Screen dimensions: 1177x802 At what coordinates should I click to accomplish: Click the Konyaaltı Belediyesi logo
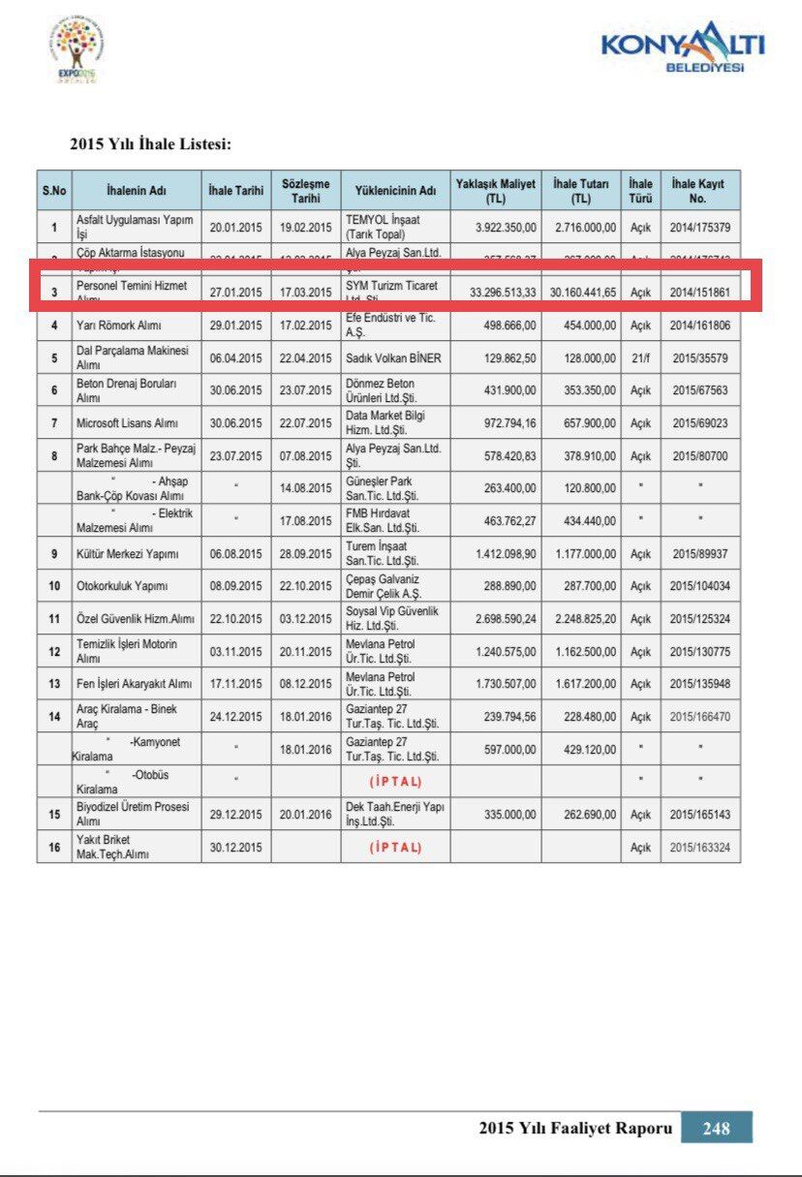pyautogui.click(x=682, y=47)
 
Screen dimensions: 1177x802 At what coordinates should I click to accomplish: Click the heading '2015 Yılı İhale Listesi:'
pyautogui.click(x=150, y=144)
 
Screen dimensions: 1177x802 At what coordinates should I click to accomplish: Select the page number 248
pyautogui.click(x=716, y=1128)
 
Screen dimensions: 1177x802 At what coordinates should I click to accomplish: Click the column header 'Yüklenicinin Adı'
pyautogui.click(x=395, y=191)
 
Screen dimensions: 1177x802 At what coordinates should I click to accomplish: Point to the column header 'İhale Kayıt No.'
pyautogui.click(x=699, y=191)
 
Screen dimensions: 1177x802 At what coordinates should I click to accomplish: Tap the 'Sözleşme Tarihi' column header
pyautogui.click(x=305, y=191)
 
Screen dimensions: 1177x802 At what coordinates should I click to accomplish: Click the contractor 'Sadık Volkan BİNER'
pyautogui.click(x=393, y=357)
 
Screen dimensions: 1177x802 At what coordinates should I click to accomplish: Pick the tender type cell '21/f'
pyautogui.click(x=640, y=357)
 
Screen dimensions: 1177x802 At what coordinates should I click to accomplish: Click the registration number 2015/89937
pyautogui.click(x=699, y=554)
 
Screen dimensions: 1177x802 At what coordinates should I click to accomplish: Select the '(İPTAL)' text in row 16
pyautogui.click(x=395, y=847)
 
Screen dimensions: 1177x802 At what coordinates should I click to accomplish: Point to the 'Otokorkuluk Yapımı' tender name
pyautogui.click(x=122, y=586)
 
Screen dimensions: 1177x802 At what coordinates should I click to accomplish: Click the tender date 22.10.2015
pyautogui.click(x=235, y=619)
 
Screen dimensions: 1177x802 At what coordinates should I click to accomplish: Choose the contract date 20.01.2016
pyautogui.click(x=305, y=814)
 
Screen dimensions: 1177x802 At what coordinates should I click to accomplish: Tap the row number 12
pyautogui.click(x=54, y=652)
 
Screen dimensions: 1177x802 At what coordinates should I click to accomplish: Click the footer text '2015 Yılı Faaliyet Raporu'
pyautogui.click(x=574, y=1128)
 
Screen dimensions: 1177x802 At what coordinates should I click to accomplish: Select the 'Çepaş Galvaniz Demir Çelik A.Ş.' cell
pyautogui.click(x=394, y=586)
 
